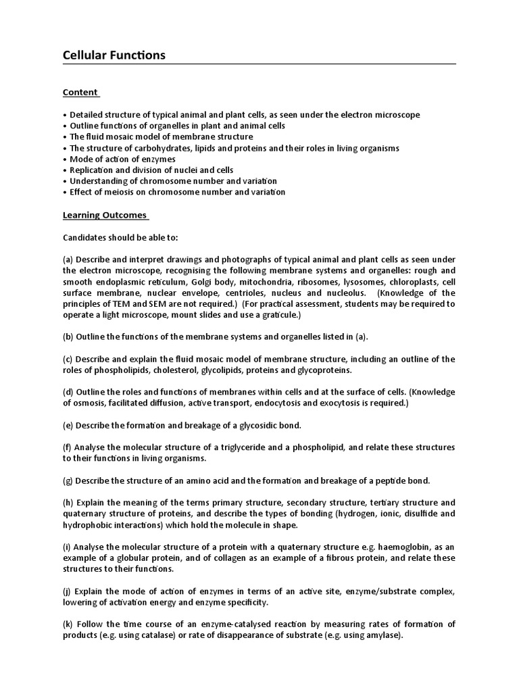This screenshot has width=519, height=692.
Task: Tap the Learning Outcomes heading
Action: point(105,215)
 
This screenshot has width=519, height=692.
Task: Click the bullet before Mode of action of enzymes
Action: point(65,159)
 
